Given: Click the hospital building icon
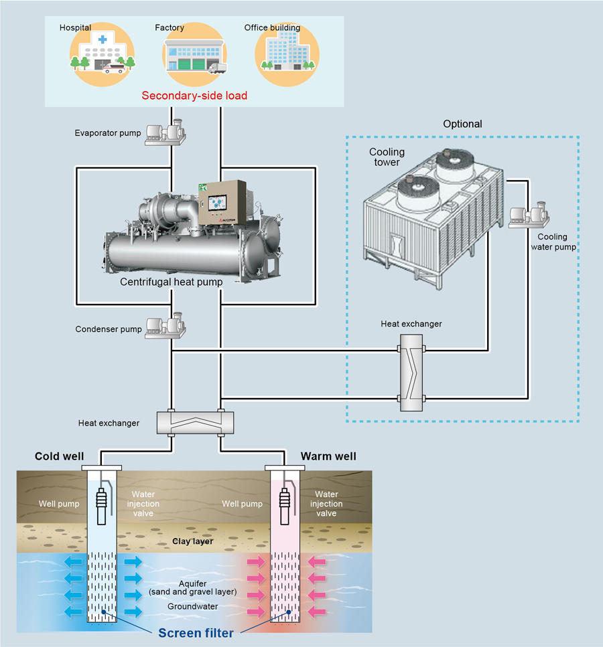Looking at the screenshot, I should pyautogui.click(x=102, y=55).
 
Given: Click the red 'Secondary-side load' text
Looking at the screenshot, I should pyautogui.click(x=194, y=96).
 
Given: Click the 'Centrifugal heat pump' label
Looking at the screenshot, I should pyautogui.click(x=172, y=282).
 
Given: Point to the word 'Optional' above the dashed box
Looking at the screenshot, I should pyautogui.click(x=462, y=124).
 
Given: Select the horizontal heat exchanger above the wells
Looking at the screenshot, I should pyautogui.click(x=195, y=424).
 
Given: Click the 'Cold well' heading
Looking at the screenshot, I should pyautogui.click(x=60, y=457).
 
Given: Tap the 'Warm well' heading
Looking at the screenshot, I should pyautogui.click(x=328, y=457).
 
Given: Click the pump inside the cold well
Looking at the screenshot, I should pyautogui.click(x=103, y=505).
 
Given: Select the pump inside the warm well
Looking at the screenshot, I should pyautogui.click(x=285, y=505).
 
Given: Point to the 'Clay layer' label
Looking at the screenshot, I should pyautogui.click(x=193, y=541).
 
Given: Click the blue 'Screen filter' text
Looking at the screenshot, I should pyautogui.click(x=196, y=633).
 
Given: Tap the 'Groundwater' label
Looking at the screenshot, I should pyautogui.click(x=193, y=606).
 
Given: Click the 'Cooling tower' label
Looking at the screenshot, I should pyautogui.click(x=387, y=157).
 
